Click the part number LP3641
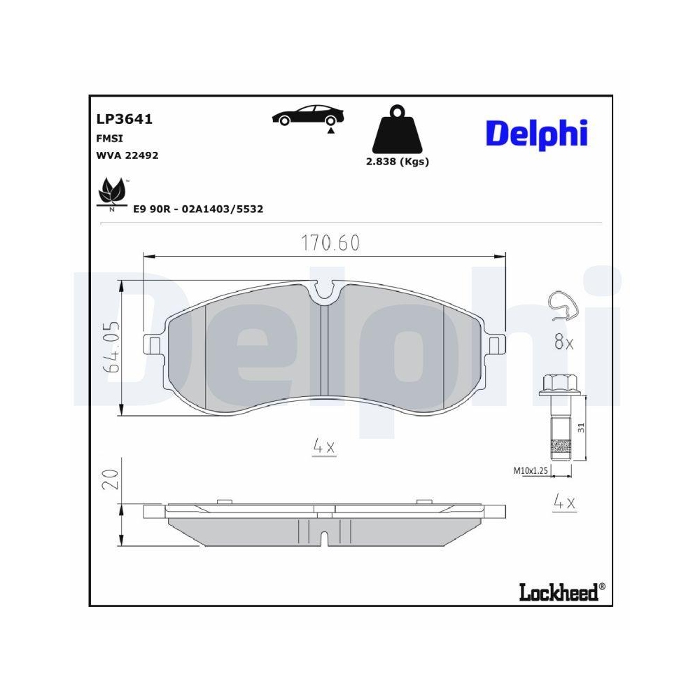click(x=124, y=119)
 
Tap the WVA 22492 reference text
click(x=127, y=155)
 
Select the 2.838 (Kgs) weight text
click(x=397, y=161)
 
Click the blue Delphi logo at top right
click(x=536, y=133)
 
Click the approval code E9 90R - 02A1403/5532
click(x=198, y=209)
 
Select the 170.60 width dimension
click(x=330, y=243)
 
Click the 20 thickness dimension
click(x=111, y=480)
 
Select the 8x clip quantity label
click(x=563, y=343)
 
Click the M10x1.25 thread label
click(x=530, y=472)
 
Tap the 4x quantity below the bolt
click(x=563, y=502)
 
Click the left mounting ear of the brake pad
click(x=152, y=344)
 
